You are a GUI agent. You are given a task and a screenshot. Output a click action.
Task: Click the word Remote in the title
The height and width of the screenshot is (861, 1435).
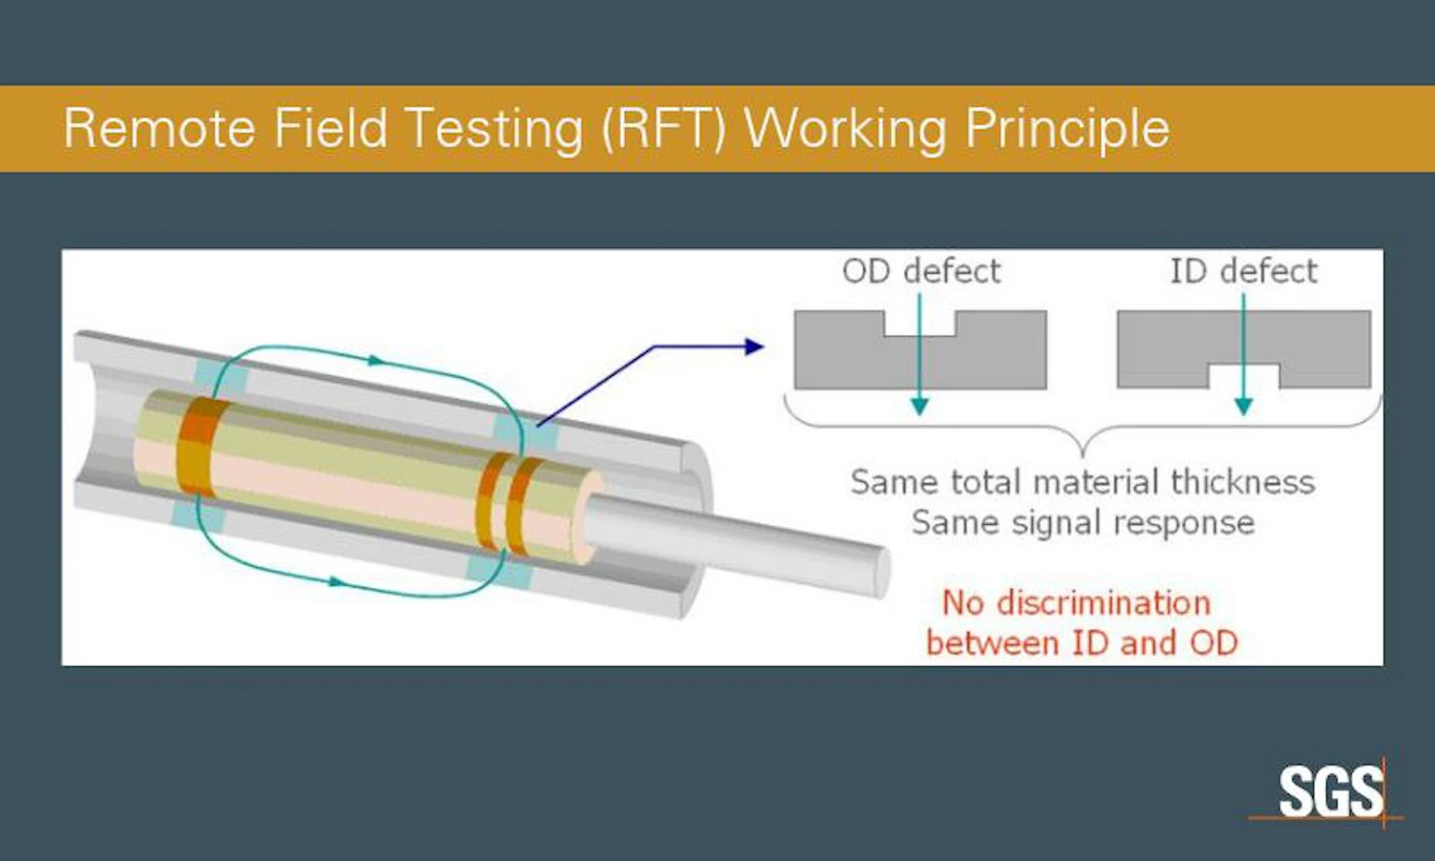click(159, 128)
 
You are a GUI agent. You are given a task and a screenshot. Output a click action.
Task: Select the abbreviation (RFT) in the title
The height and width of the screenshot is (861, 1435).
click(664, 129)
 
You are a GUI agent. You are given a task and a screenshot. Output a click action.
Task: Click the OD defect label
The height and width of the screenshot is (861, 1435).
click(922, 271)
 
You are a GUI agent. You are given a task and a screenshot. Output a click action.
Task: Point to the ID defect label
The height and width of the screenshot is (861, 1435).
click(1243, 271)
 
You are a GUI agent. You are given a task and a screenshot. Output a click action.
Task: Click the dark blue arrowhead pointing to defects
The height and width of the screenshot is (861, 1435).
click(755, 346)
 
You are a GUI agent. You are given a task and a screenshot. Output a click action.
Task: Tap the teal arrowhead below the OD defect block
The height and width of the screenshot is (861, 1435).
click(920, 406)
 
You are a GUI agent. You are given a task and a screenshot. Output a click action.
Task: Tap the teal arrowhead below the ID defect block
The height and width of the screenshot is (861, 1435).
click(1243, 406)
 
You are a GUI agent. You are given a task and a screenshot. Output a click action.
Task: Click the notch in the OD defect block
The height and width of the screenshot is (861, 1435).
click(920, 324)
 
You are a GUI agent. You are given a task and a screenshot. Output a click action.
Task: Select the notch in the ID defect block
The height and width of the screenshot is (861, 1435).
click(1244, 376)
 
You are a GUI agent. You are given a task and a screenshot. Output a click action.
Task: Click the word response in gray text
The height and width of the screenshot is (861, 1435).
click(1184, 523)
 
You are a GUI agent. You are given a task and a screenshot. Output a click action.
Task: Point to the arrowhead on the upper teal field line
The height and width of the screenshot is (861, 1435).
click(376, 360)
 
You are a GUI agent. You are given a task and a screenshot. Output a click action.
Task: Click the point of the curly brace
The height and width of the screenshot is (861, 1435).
click(1083, 456)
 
